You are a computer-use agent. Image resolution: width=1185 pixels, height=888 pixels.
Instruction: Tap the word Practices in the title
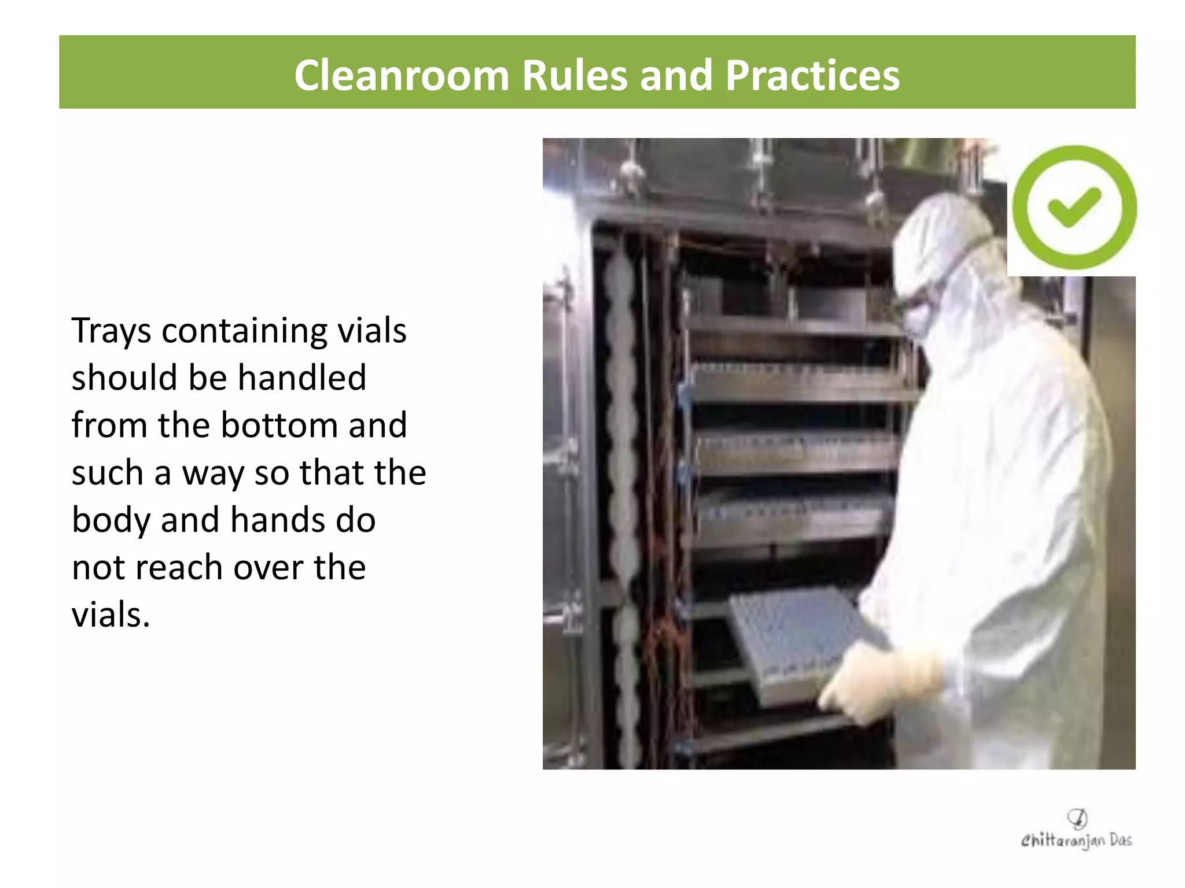tap(812, 76)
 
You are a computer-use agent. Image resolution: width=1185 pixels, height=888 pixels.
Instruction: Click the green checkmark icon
tap(1074, 207)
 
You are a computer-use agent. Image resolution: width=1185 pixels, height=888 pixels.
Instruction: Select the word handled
tap(301, 378)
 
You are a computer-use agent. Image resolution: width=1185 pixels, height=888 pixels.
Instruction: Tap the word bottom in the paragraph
tap(279, 425)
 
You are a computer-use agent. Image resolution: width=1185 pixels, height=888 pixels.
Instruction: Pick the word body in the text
tap(111, 520)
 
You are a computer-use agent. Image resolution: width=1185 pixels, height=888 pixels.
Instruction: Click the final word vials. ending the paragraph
tap(111, 615)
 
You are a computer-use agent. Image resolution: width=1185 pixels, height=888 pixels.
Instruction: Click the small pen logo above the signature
tap(1077, 818)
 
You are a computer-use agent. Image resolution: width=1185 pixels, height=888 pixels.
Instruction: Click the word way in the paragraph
tap(212, 473)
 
